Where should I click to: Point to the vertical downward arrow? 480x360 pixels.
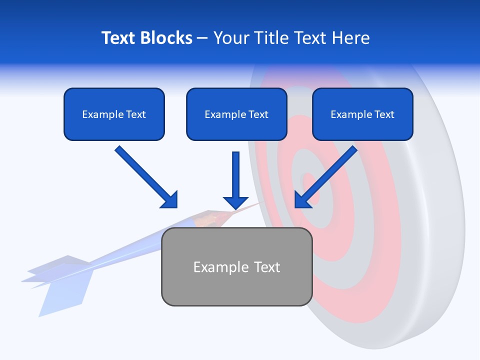click(x=236, y=180)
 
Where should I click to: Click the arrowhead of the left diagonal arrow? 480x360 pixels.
click(x=170, y=200)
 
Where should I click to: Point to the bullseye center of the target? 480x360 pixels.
click(x=309, y=187)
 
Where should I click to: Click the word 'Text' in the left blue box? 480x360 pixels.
click(x=135, y=114)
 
